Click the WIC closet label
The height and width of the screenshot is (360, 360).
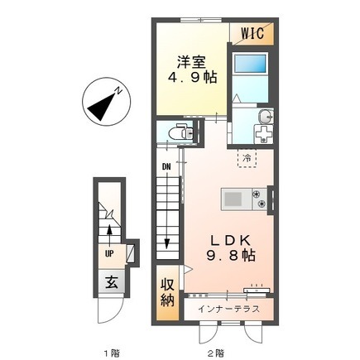[252, 33]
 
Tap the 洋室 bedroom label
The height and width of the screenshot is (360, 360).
[192, 62]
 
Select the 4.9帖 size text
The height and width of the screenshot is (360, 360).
[193, 77]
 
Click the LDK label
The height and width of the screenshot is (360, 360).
[231, 241]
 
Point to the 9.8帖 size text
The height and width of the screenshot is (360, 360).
[231, 256]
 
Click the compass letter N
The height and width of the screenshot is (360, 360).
[119, 91]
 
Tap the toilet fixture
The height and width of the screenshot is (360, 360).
[181, 132]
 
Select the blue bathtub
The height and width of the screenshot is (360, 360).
[251, 64]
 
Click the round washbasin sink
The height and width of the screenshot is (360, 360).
[266, 117]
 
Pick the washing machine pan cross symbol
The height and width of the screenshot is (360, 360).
[263, 134]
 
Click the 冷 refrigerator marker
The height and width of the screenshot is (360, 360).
[247, 158]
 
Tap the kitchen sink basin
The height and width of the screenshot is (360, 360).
[233, 199]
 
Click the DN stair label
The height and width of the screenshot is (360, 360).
[166, 166]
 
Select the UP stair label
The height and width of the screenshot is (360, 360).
[109, 254]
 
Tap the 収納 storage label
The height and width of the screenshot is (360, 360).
[168, 293]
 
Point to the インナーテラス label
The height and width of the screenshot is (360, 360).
[228, 309]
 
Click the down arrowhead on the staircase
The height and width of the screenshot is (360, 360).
[166, 244]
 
